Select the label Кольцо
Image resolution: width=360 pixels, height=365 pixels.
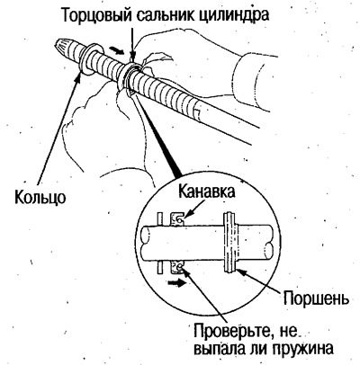tap(40, 197)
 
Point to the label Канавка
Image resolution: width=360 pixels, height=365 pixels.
tap(206, 191)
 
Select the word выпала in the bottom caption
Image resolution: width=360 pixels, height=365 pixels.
tap(220, 349)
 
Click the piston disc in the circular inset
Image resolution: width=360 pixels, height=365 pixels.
tap(230, 242)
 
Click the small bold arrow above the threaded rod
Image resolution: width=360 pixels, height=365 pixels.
tap(117, 50)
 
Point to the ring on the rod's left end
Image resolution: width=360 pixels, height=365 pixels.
tap(89, 59)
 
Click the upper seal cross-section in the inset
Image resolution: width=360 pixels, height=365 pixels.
tap(177, 219)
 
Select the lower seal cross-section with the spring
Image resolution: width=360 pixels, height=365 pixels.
tap(177, 267)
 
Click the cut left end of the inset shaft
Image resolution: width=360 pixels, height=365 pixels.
tap(145, 236)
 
